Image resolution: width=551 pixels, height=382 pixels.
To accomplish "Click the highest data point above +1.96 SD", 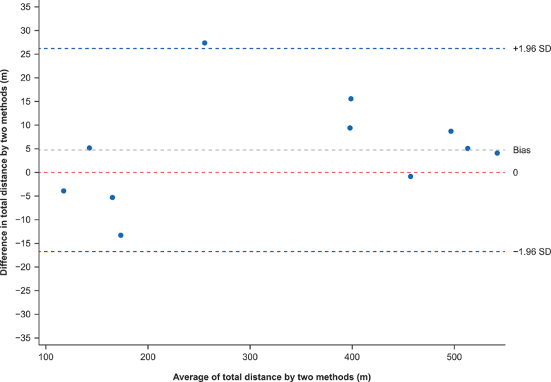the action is tap(205, 43).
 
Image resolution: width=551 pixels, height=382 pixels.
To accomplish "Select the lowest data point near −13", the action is tap(121, 235).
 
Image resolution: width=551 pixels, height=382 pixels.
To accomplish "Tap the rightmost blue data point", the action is tap(497, 153).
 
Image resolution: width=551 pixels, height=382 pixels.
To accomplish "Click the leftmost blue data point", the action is tap(63, 191).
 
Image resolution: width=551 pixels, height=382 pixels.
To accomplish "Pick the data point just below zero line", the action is tap(410, 177).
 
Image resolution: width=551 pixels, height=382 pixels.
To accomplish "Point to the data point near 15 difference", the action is tap(351, 99).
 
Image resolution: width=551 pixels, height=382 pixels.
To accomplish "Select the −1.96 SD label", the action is tap(532, 252).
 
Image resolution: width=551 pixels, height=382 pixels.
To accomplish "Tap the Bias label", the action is tap(522, 150).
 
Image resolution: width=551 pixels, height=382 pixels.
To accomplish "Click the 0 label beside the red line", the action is tap(515, 172).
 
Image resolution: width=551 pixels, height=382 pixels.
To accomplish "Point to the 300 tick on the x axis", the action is tap(250, 357).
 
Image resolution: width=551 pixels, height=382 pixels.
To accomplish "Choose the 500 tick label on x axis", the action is tap(454, 357).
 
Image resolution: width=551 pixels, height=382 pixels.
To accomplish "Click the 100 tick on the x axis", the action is tap(45, 357).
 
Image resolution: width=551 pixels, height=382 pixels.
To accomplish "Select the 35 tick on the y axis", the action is tap(25, 7).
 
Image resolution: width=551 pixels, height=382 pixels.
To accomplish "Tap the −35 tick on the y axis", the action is tap(23, 338).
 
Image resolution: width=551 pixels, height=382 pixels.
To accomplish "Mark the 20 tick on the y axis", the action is tap(25, 78).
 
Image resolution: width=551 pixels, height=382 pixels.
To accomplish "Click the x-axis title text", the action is tap(271, 377).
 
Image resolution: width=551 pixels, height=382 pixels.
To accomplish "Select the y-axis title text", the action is tap(4, 172).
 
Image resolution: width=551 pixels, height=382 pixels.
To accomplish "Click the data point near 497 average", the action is tap(451, 131).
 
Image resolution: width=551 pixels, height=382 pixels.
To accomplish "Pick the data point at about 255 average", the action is tap(205, 43).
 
